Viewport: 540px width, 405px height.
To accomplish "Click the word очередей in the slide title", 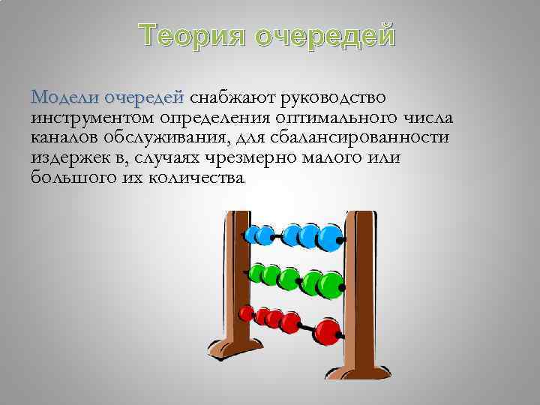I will [x=325, y=35].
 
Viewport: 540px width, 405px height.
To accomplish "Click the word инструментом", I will [x=92, y=118].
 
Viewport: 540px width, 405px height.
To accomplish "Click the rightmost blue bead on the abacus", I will [x=328, y=237].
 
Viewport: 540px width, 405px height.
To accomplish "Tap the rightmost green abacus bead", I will [x=329, y=283].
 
